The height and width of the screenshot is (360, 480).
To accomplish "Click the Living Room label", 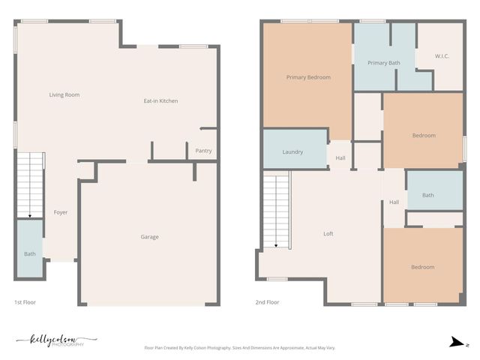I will [x=64, y=95].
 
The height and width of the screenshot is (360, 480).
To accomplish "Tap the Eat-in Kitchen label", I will [x=161, y=100].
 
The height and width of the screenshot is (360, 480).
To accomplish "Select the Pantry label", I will [x=203, y=151].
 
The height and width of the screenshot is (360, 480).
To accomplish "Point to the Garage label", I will [x=150, y=237].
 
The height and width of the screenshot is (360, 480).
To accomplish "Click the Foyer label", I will [x=61, y=212].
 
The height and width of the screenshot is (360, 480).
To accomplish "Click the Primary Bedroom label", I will [x=308, y=77].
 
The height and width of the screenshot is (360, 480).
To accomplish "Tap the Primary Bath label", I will [x=383, y=63].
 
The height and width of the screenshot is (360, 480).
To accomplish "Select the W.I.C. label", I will [x=442, y=56].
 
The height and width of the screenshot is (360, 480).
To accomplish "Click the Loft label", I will [x=328, y=234].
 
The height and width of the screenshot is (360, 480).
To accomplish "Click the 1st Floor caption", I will [x=25, y=302].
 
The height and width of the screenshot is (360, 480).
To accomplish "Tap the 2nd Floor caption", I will [x=268, y=302].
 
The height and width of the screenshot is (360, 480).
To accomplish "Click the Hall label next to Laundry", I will [x=340, y=158].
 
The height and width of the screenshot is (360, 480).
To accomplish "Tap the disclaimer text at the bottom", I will [x=240, y=348].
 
